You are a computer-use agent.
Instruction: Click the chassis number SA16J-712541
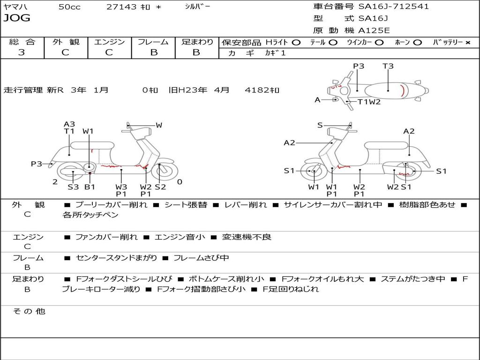coord(394,7)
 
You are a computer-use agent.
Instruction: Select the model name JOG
coord(17,18)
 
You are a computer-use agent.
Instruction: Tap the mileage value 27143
coord(121,7)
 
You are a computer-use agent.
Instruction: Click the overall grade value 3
coord(22,52)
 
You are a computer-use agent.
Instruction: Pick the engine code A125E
coord(374,31)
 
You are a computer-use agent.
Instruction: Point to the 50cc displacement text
coord(69,7)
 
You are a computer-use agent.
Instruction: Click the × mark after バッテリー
coord(467,42)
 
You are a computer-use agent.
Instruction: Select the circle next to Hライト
coord(296,42)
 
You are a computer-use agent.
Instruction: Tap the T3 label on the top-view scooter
coord(388,66)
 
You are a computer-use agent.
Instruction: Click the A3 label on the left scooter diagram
coord(69,124)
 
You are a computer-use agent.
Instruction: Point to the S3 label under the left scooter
coord(73,187)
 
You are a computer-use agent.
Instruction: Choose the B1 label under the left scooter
coord(90,187)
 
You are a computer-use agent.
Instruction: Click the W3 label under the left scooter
coord(121,187)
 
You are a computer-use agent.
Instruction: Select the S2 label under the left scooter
coord(160,187)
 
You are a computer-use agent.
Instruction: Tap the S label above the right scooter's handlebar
coord(320,125)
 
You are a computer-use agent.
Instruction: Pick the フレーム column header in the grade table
coord(153,42)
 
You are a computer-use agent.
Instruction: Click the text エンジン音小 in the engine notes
coord(180,237)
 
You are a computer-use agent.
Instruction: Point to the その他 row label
coord(29,311)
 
